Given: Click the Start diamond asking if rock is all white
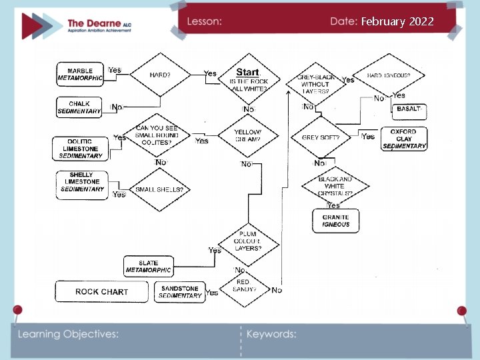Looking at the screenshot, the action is (x=248, y=79).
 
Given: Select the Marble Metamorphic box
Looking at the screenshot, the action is (x=80, y=74).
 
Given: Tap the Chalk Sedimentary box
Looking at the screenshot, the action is (x=79, y=107).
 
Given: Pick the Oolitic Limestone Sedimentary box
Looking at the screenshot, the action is (x=80, y=148).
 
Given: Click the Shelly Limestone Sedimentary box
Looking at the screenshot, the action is (x=83, y=182).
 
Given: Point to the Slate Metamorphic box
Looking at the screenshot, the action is (x=149, y=267).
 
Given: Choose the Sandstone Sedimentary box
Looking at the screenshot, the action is (x=181, y=291).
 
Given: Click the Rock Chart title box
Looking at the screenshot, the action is (x=101, y=291).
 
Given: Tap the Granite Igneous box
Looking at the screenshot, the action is (x=335, y=221).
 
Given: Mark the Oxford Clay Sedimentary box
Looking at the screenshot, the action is (x=403, y=139).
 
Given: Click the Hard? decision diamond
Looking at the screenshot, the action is (x=160, y=75).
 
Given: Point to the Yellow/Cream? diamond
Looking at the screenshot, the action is (x=247, y=135).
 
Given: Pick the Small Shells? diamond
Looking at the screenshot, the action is (x=159, y=190).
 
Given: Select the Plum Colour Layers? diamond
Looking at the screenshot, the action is (x=247, y=241).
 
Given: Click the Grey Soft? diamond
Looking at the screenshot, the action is (x=321, y=138).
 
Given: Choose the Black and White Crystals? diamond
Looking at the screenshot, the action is (x=335, y=186).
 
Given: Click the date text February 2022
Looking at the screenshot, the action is (x=397, y=21).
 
